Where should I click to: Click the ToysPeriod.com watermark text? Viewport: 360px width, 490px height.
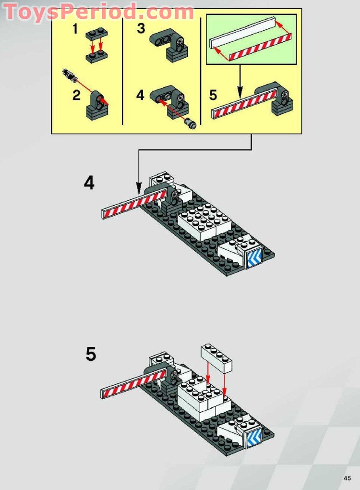[x=98, y=11]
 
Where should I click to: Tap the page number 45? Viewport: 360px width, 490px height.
[x=347, y=478]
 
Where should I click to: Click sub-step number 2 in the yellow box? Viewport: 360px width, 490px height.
[x=76, y=95]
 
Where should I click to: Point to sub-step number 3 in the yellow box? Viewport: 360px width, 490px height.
[x=141, y=29]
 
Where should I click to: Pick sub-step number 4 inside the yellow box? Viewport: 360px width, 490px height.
[x=140, y=95]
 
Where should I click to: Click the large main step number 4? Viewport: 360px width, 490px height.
[x=89, y=183]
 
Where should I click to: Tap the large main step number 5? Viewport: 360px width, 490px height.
[x=91, y=355]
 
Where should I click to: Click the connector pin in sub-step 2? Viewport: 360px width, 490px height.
[x=68, y=75]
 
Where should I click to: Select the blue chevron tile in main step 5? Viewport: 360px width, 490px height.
[x=254, y=436]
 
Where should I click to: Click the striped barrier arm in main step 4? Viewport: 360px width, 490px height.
[x=128, y=205]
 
